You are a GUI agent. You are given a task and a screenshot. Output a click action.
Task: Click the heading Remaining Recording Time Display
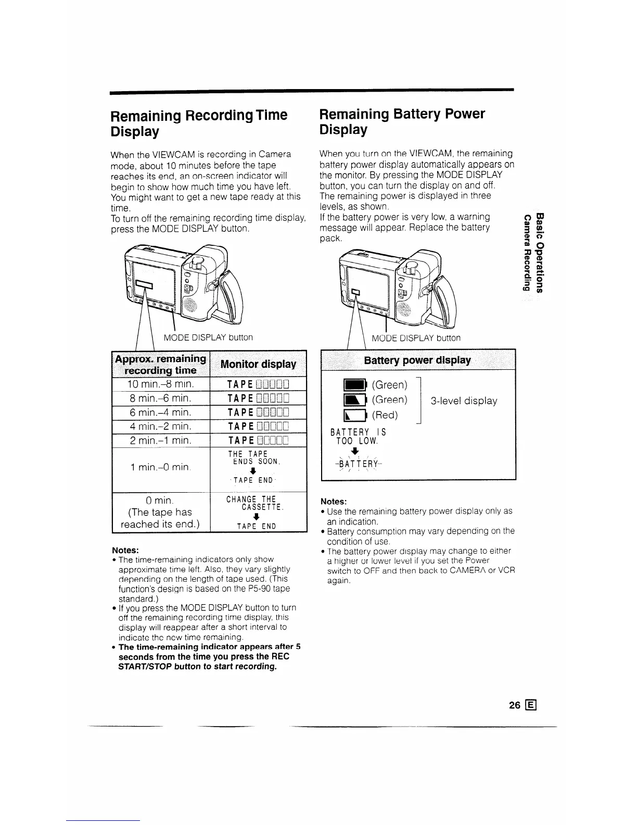coord(199,123)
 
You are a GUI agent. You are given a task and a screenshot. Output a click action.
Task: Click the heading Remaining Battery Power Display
coord(402,121)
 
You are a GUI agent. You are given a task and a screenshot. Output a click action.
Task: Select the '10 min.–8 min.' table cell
coord(161,385)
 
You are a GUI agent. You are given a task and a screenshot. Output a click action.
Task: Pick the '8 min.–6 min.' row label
coord(161,399)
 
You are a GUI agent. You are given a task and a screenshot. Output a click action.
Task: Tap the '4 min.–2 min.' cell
coord(161,427)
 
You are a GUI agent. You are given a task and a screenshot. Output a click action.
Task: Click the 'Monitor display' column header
coord(258,364)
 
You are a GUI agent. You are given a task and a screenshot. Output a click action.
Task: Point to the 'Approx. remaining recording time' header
coord(160,364)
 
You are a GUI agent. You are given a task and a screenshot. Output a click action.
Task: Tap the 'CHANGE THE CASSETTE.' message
coord(254,503)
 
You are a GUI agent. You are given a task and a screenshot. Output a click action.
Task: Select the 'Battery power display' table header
coord(417,360)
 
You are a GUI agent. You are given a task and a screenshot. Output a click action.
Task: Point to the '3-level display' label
coord(464,401)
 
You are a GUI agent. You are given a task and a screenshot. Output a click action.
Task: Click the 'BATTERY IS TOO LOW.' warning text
coord(359,436)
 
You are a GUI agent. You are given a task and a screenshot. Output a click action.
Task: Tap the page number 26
coord(515,706)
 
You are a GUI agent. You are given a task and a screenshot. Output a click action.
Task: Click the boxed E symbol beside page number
coord(531,706)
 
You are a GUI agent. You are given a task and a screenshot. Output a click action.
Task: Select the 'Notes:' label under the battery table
coord(334,502)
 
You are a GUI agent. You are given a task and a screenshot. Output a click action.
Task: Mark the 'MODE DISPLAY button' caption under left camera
coord(208,337)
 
